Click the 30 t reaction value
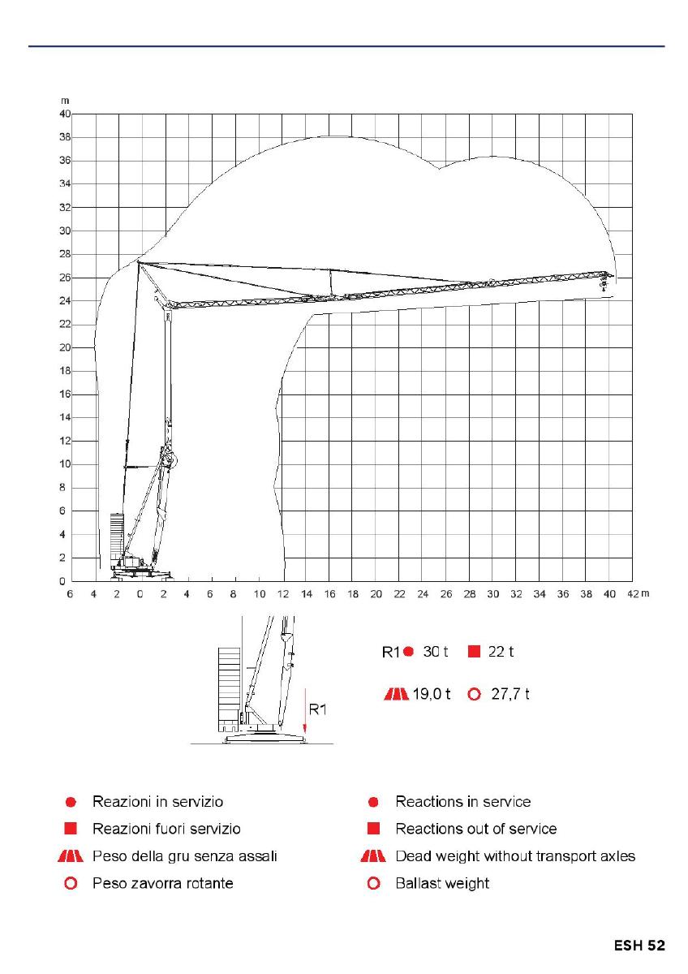tap(435, 652)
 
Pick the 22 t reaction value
tap(501, 652)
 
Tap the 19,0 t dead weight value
tap(432, 695)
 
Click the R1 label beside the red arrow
tap(317, 710)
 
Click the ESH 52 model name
tap(639, 946)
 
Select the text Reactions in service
tap(462, 802)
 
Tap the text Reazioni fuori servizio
tap(166, 829)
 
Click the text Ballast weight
tap(442, 883)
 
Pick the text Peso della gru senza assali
tap(185, 856)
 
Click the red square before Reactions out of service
tap(374, 829)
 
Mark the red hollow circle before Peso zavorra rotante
tap(71, 883)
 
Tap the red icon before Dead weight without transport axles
tap(373, 856)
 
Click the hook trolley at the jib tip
tap(604, 281)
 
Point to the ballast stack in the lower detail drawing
tap(230, 686)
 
